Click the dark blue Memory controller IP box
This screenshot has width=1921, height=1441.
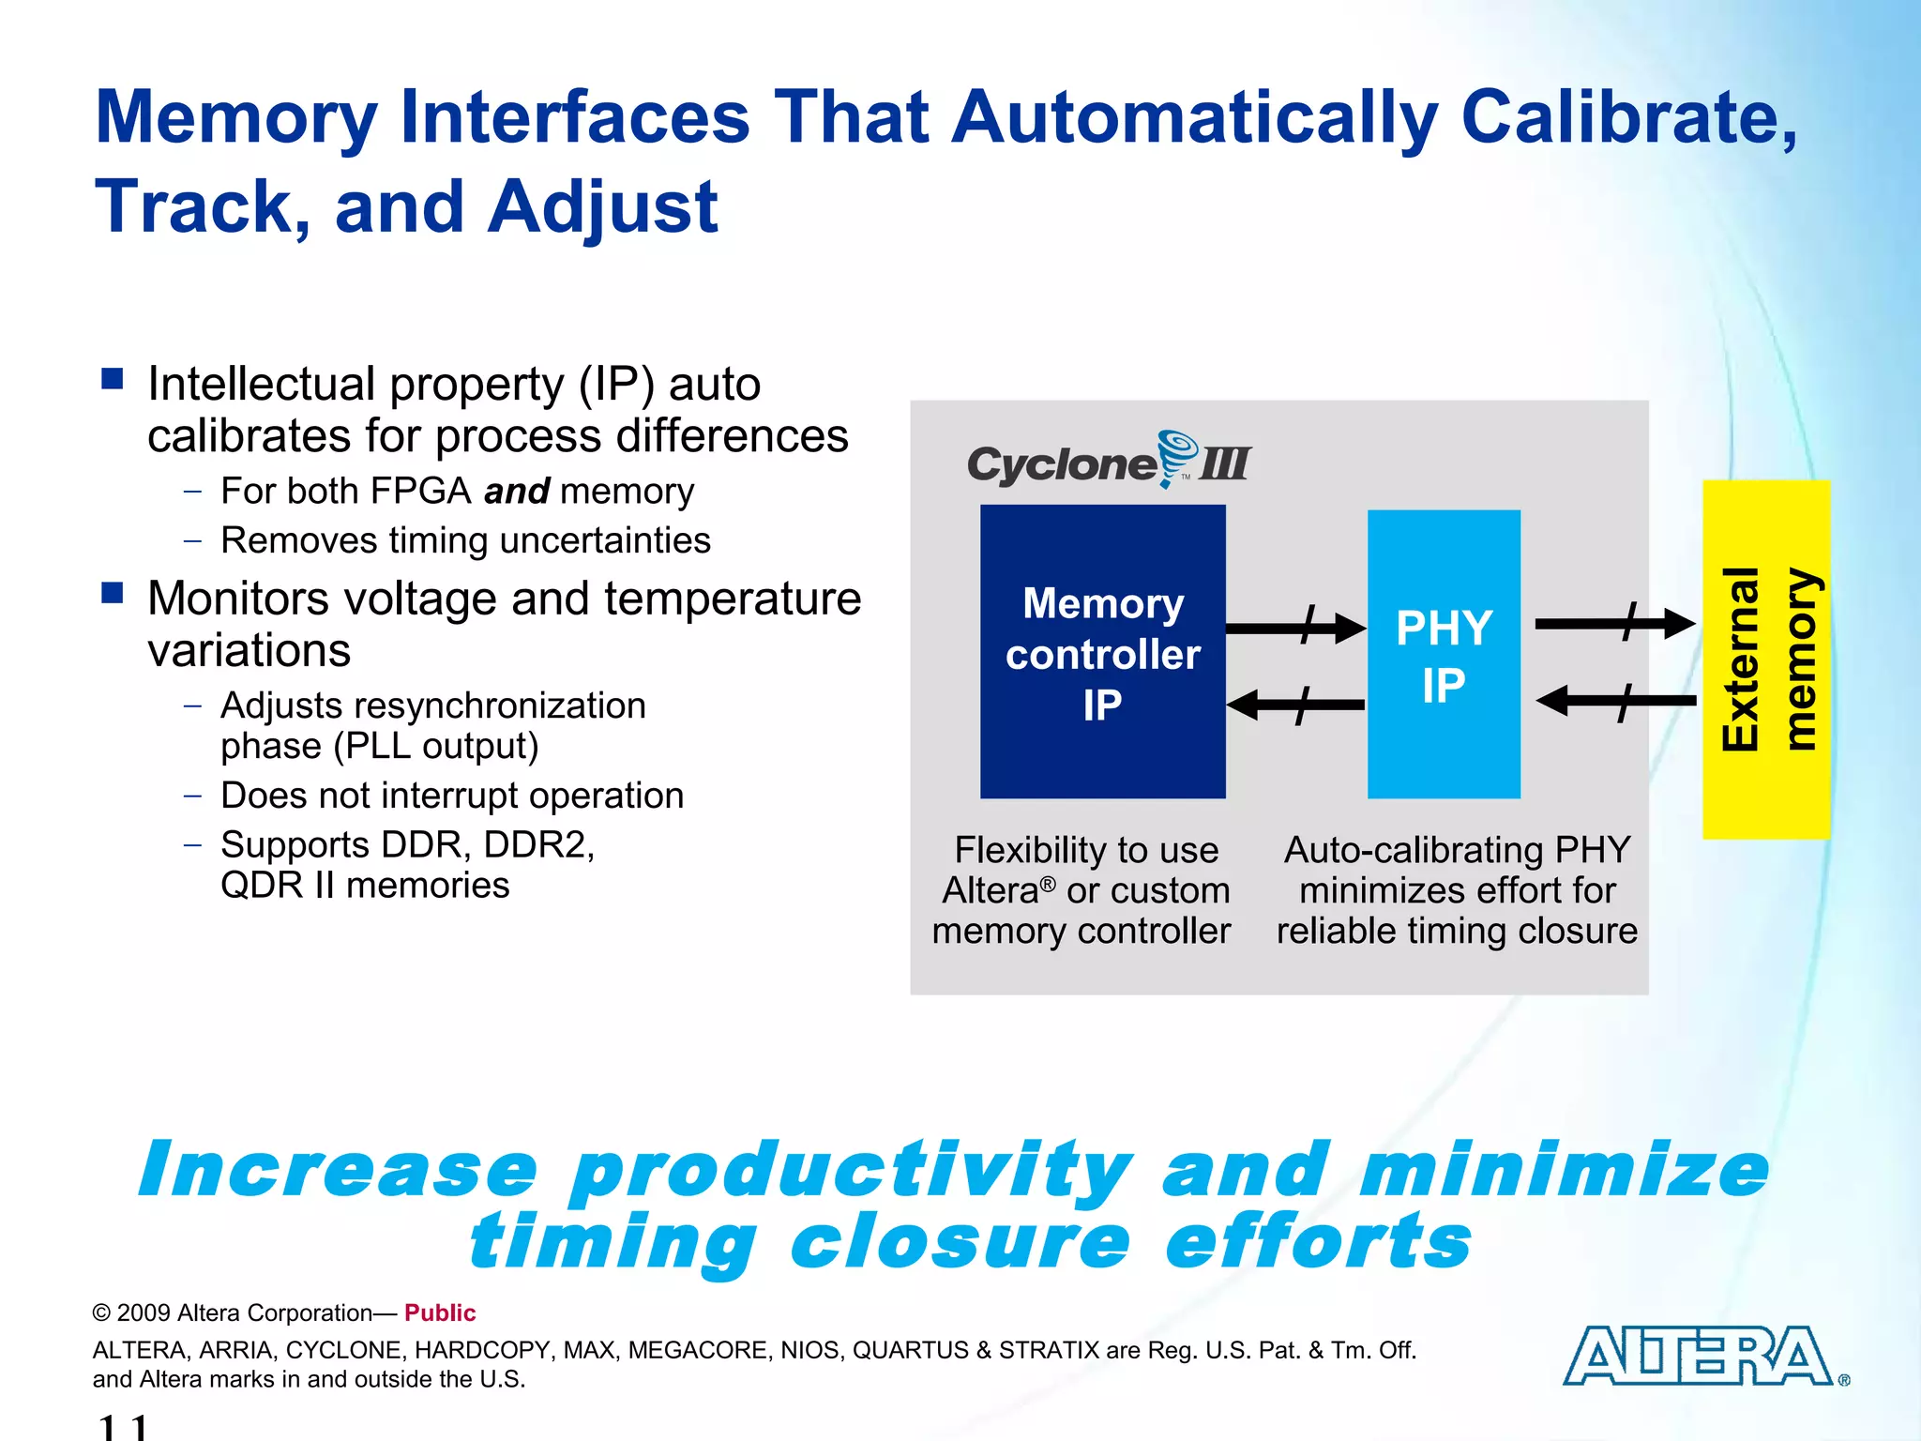pyautogui.click(x=1102, y=652)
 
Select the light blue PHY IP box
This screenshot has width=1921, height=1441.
pyautogui.click(x=1444, y=654)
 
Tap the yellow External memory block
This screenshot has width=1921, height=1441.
pyautogui.click(x=1766, y=659)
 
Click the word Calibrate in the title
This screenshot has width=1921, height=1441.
pyautogui.click(x=1627, y=117)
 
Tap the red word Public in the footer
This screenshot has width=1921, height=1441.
pyautogui.click(x=440, y=1312)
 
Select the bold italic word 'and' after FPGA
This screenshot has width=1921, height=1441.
pyautogui.click(x=517, y=491)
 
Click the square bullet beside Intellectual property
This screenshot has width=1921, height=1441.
pyautogui.click(x=113, y=379)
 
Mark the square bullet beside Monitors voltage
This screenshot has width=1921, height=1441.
pyautogui.click(x=113, y=593)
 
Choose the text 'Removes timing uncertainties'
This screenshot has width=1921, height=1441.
pyautogui.click(x=465, y=540)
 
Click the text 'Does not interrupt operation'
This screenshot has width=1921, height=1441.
pyautogui.click(x=452, y=796)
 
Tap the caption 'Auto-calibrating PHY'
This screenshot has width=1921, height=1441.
pyautogui.click(x=1457, y=850)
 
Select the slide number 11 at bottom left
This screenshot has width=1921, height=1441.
pyautogui.click(x=123, y=1427)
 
